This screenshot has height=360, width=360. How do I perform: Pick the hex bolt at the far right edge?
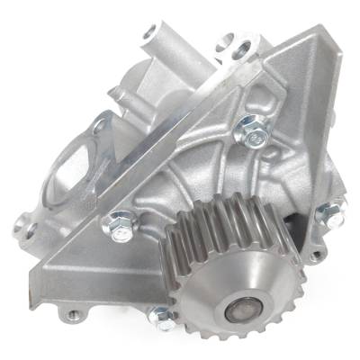(x=329, y=214)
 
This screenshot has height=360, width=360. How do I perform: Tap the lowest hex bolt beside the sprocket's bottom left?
(x=162, y=316)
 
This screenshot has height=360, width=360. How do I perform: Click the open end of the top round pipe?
(x=151, y=35)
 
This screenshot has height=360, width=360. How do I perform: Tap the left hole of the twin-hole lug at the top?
(x=224, y=40)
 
